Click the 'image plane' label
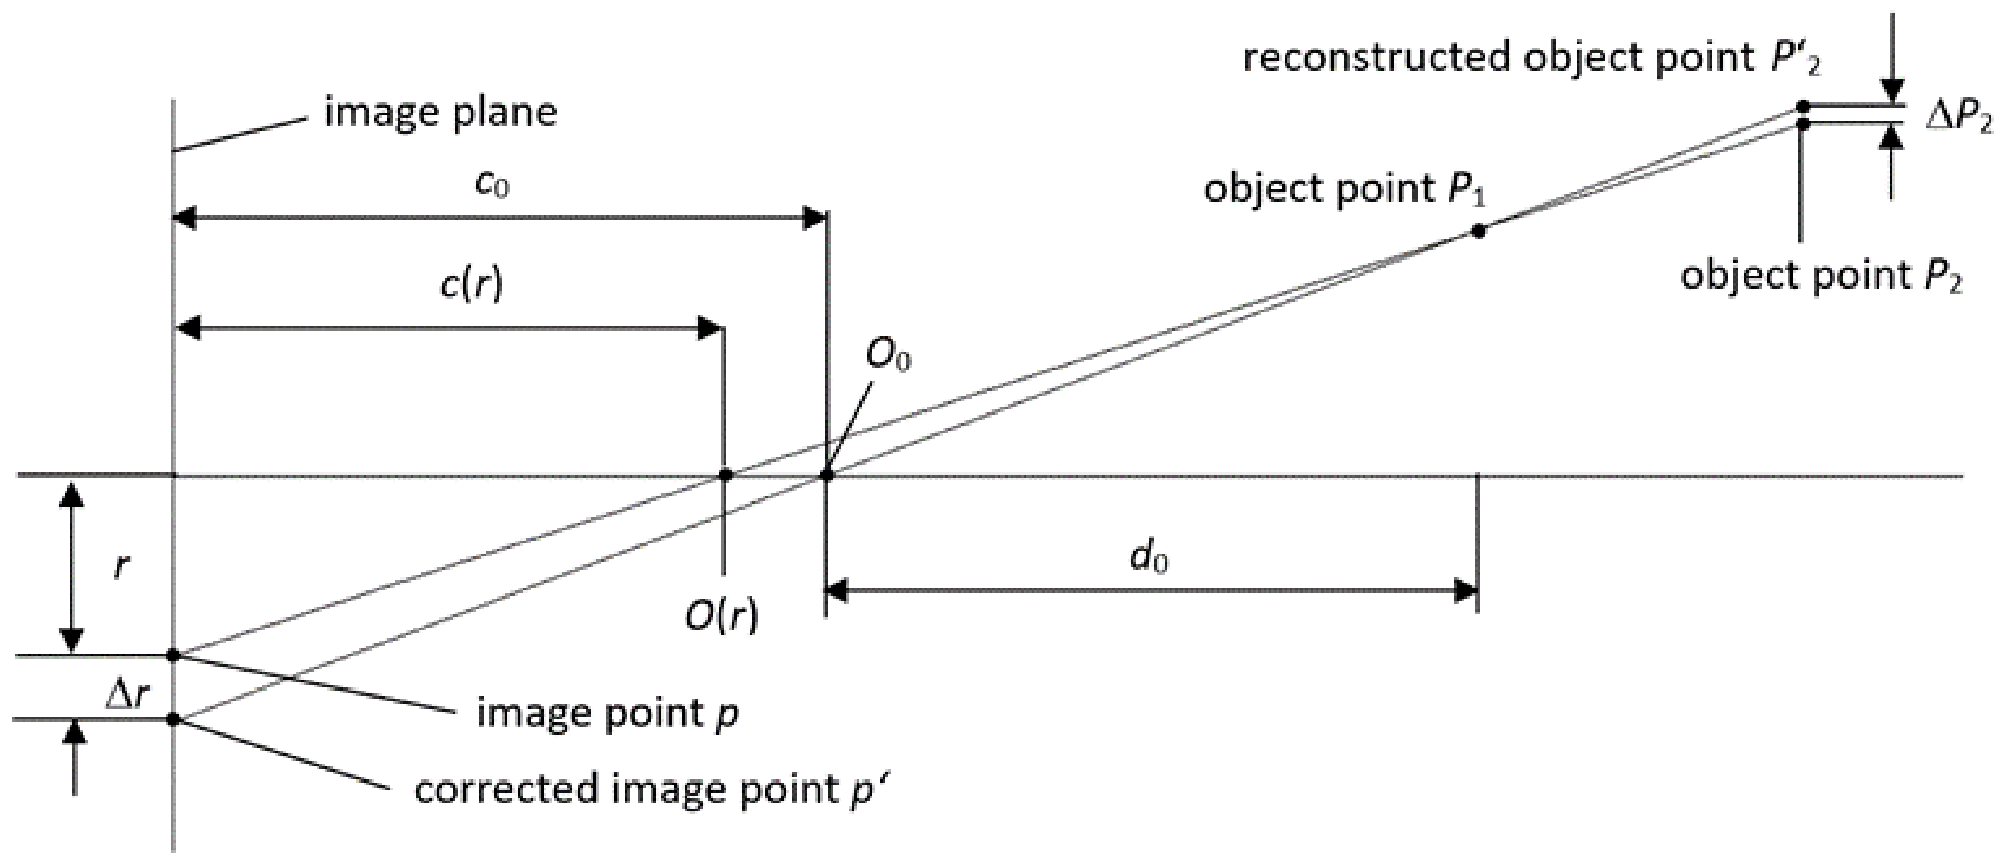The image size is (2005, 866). tap(441, 113)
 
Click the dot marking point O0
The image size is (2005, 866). tap(827, 474)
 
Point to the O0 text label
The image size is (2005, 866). tap(888, 357)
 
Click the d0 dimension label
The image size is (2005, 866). tap(1149, 558)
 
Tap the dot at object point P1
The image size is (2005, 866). tap(1478, 230)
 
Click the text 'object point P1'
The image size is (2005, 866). tap(1344, 190)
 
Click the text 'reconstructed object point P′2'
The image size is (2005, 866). tap(1532, 59)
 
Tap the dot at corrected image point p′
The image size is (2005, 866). tap(173, 719)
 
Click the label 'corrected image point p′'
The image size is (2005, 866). tap(651, 790)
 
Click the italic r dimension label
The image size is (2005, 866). tap(120, 566)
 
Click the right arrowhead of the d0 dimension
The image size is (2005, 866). tap(1466, 591)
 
